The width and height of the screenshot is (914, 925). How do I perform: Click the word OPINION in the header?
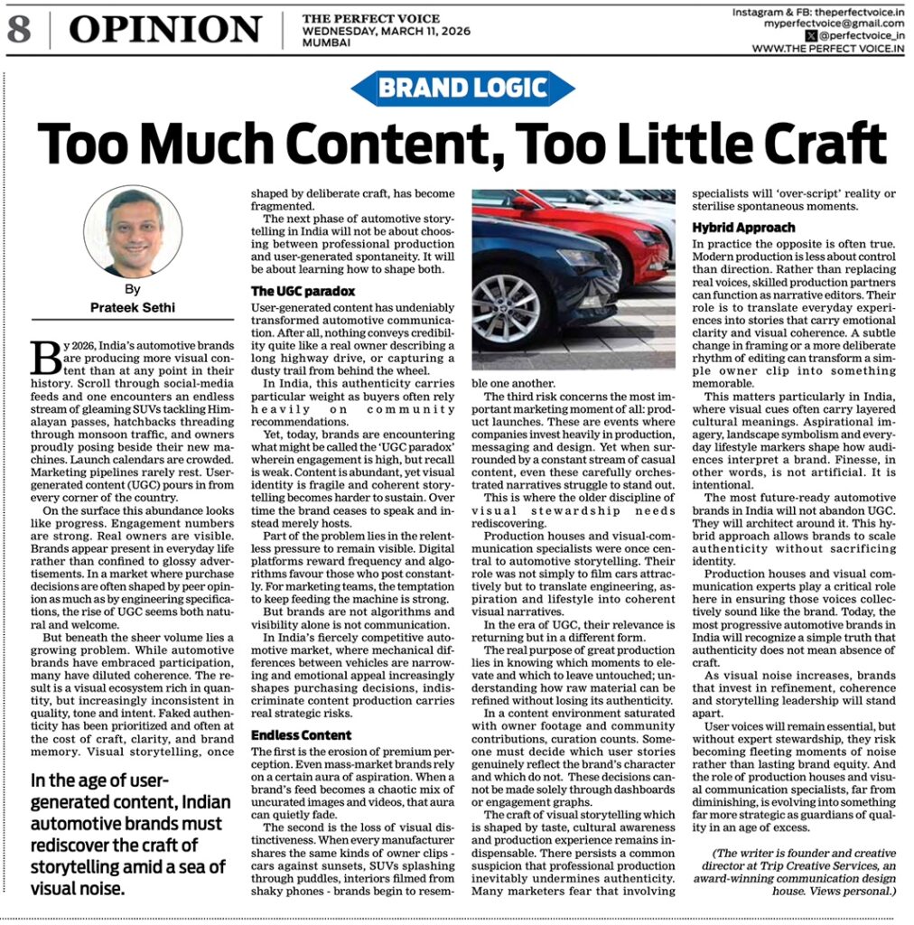click(165, 30)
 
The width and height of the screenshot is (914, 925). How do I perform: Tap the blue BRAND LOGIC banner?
click(462, 89)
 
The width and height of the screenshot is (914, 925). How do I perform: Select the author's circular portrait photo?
click(133, 231)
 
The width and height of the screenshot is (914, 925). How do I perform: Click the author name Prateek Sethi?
click(133, 307)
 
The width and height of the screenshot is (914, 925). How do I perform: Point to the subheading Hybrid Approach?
click(731, 228)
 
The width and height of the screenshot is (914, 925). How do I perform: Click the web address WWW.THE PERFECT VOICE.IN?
click(828, 49)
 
